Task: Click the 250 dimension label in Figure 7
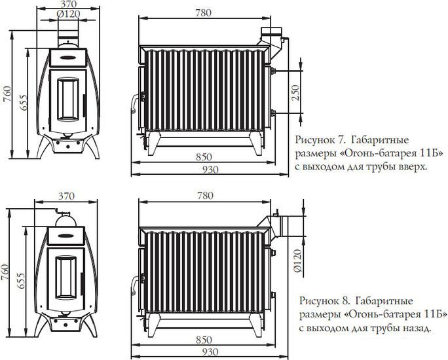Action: (x=295, y=92)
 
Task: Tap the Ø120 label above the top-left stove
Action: (x=68, y=14)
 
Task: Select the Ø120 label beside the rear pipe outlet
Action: (x=297, y=261)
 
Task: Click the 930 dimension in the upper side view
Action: (x=210, y=170)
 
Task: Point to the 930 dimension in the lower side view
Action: (x=210, y=352)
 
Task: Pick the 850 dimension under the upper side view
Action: (x=204, y=157)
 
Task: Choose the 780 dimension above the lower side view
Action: (x=205, y=196)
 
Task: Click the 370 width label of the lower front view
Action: (x=66, y=196)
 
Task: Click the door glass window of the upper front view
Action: (x=68, y=99)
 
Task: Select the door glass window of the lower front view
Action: (x=65, y=278)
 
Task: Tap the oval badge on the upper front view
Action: (x=68, y=58)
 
